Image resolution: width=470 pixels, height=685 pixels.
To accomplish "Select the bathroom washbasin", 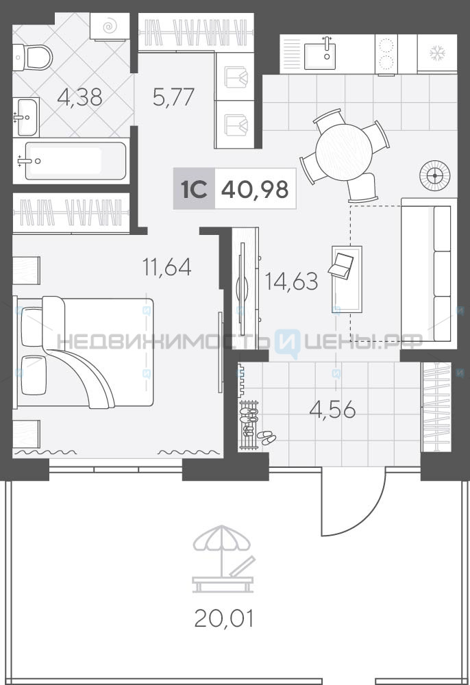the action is click(x=26, y=116).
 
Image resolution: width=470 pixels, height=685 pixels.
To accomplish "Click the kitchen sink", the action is click(x=320, y=53).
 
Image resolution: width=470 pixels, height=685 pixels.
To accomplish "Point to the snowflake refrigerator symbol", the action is click(x=437, y=53).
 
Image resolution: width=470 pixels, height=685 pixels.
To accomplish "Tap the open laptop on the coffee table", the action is click(x=341, y=265).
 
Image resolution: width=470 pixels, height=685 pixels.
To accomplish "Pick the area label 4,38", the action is click(x=80, y=97).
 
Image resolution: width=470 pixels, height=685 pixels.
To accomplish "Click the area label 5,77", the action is click(x=173, y=97).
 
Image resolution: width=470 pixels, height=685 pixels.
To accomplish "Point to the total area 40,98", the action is click(x=255, y=189).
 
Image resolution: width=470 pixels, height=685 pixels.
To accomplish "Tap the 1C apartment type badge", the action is click(x=194, y=189).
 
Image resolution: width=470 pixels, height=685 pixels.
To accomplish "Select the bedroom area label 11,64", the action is click(x=167, y=267).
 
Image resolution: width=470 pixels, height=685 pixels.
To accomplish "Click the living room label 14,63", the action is click(x=291, y=282).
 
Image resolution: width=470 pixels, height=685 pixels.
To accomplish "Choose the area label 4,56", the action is click(x=332, y=410).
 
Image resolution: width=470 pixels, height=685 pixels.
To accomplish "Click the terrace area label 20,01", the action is click(x=223, y=619).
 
